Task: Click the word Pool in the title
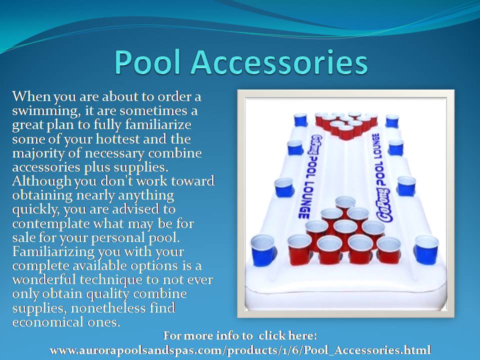point(147,61)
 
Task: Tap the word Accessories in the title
point(279,62)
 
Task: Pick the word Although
point(41,180)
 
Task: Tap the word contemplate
point(51,224)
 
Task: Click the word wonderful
point(44,279)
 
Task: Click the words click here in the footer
point(287,336)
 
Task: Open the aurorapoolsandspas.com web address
point(240,350)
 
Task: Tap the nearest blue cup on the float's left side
point(262,250)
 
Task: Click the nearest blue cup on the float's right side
point(426,249)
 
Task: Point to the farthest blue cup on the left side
point(300,119)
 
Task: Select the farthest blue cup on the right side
point(392,121)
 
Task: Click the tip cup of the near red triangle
point(345,204)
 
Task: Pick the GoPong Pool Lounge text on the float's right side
point(382,177)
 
